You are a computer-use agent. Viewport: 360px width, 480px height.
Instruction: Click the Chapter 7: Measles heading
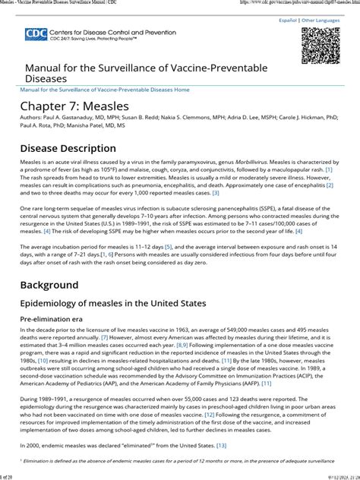[74, 106]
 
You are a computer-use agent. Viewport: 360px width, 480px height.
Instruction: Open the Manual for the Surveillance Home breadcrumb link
[105, 89]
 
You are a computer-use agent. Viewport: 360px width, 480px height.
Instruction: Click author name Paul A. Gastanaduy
[70, 120]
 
